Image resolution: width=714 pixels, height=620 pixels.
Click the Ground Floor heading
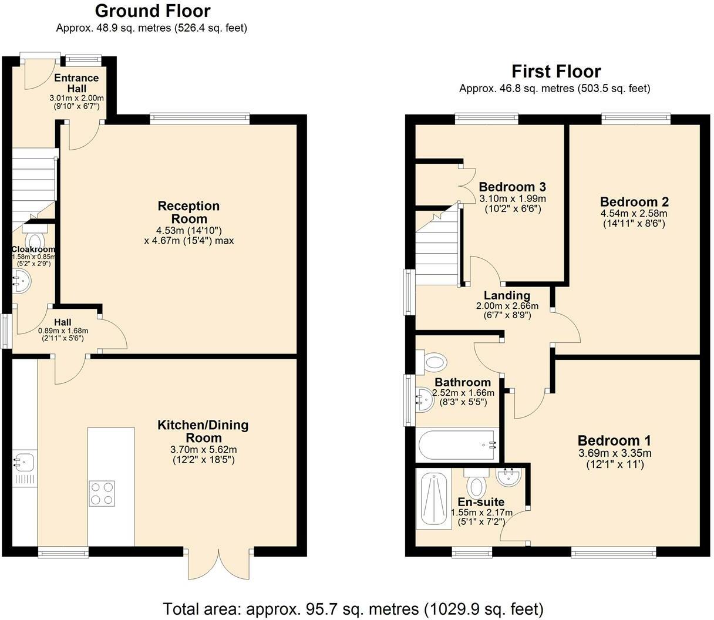click(x=153, y=11)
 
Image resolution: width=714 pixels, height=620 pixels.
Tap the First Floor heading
click(x=556, y=72)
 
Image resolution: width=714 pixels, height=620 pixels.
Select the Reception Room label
click(x=188, y=212)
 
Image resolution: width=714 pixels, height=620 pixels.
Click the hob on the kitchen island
click(x=102, y=493)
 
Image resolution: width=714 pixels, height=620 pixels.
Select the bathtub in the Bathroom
click(x=457, y=445)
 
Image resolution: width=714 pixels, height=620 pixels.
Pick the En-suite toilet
click(x=476, y=483)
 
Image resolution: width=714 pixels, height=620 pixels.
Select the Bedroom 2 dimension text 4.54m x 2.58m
click(x=634, y=213)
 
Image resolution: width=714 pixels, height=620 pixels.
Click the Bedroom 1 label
click(x=614, y=440)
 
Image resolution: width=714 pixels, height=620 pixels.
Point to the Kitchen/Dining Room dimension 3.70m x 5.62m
click(x=203, y=450)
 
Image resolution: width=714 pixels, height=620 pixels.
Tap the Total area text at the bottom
click(x=353, y=609)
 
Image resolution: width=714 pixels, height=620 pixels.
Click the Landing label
click(x=507, y=295)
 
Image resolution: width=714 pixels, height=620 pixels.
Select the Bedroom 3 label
click(x=512, y=187)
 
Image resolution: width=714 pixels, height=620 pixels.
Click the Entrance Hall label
click(x=76, y=83)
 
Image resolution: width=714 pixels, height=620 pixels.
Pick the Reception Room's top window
click(x=200, y=119)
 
